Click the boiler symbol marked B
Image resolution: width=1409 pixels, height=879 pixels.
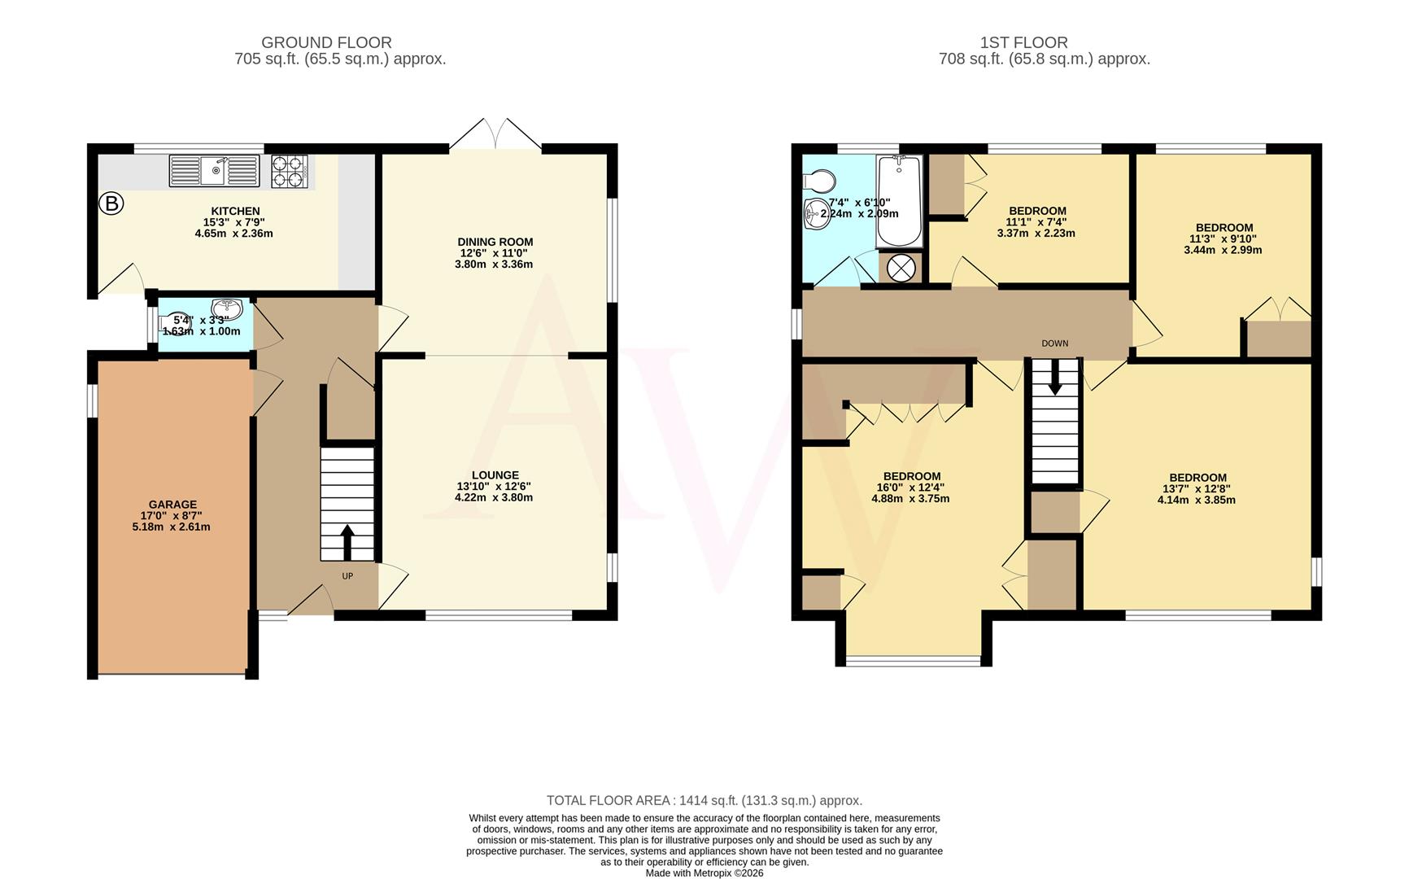click(x=111, y=203)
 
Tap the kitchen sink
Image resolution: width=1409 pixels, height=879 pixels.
click(x=214, y=171)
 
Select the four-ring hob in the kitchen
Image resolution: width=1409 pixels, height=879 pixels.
click(x=290, y=171)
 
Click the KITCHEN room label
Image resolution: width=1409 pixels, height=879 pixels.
click(x=235, y=211)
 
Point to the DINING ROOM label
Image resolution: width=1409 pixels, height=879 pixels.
click(x=495, y=242)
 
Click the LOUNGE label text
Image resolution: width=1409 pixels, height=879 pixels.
click(x=495, y=475)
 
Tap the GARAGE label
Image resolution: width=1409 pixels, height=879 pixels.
click(x=172, y=505)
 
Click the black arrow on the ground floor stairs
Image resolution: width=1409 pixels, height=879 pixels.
click(x=347, y=542)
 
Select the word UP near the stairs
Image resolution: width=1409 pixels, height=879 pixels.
click(x=347, y=576)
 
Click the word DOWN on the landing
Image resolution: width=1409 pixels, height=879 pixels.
click(x=1054, y=343)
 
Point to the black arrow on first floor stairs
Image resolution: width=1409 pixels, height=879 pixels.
click(x=1054, y=378)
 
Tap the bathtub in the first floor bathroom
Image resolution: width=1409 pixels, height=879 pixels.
click(x=899, y=201)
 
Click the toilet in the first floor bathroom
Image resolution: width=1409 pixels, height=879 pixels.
click(x=819, y=180)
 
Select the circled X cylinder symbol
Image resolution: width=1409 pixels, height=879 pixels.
click(x=901, y=268)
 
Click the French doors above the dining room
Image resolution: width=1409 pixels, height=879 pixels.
click(x=495, y=134)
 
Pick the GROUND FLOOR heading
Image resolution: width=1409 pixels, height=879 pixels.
click(x=326, y=42)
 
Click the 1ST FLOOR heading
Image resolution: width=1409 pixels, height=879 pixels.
click(x=1023, y=42)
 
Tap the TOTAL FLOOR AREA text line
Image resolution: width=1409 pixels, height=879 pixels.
click(x=704, y=801)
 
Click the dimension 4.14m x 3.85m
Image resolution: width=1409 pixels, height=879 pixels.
click(x=1196, y=500)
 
